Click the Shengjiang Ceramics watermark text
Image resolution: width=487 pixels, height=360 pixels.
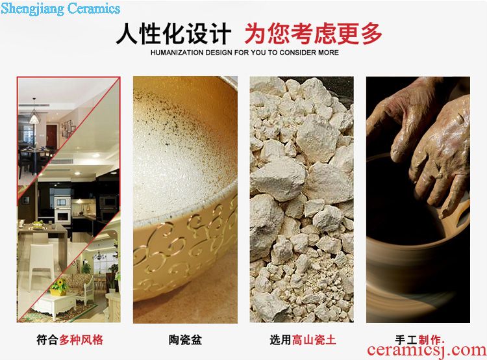click(60, 8)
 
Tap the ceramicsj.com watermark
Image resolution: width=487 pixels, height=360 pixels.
click(427, 350)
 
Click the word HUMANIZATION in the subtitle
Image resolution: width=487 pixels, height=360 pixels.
click(177, 53)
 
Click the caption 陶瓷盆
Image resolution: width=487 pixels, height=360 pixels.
click(186, 340)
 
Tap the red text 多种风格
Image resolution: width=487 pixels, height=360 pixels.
click(81, 340)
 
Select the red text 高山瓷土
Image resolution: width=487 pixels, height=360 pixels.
click(314, 340)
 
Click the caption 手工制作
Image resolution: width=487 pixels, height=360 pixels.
click(419, 340)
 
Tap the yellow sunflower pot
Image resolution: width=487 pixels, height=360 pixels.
click(58, 287)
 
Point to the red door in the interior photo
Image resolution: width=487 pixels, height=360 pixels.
click(51, 136)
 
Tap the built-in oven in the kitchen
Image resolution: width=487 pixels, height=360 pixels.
click(62, 211)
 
